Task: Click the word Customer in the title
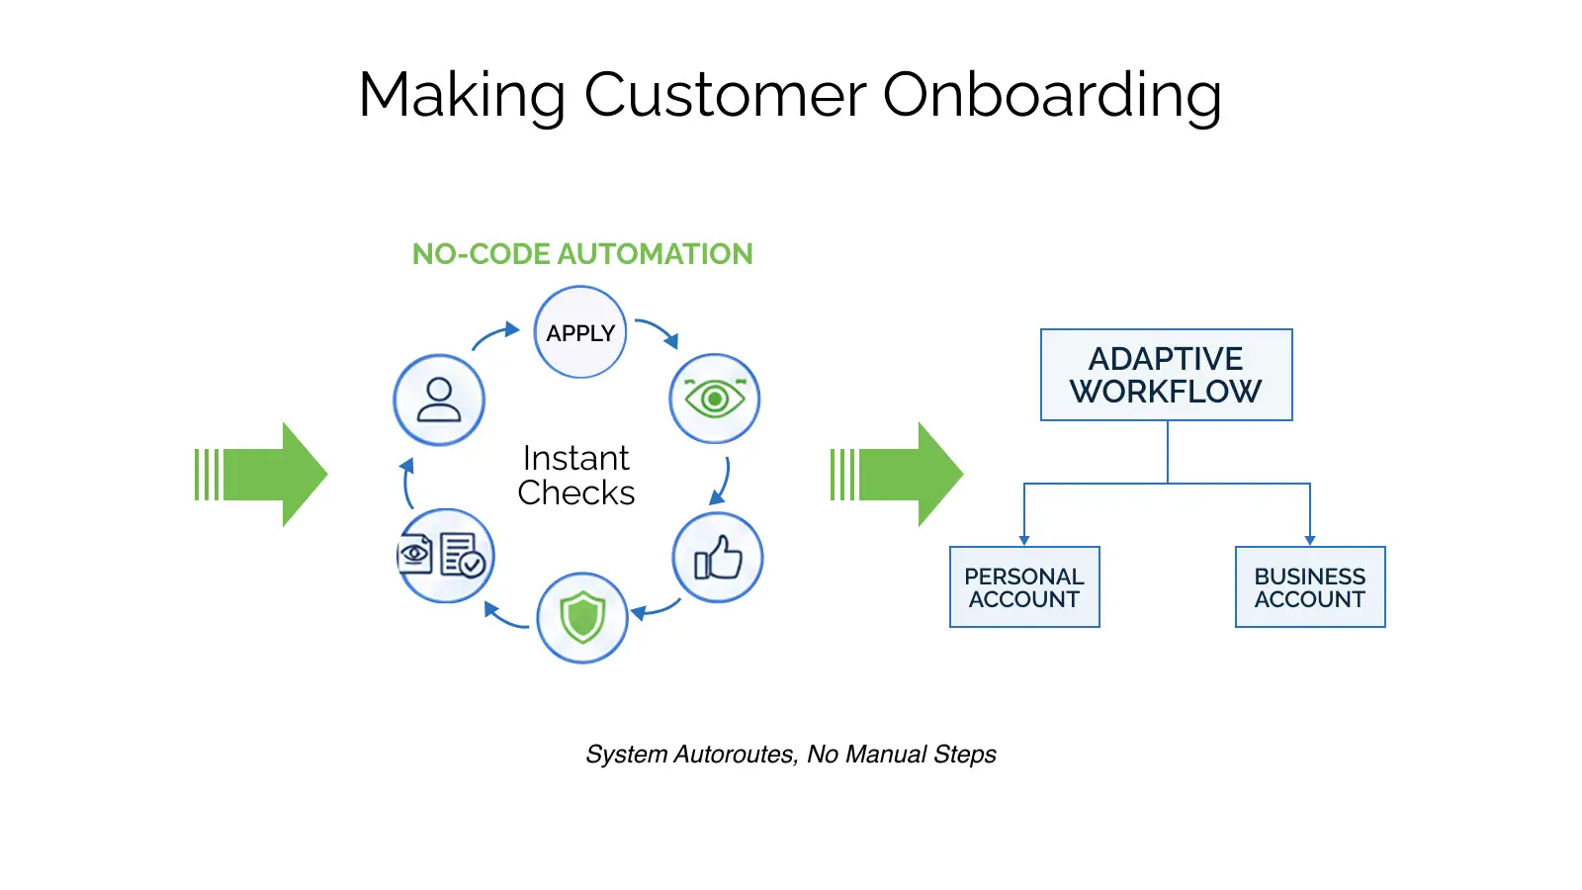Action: point(725,96)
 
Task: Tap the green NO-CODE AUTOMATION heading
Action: point(582,254)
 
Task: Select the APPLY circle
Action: point(580,332)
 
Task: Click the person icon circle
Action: point(439,400)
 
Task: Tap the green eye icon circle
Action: point(714,399)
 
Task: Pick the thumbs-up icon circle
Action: point(718,558)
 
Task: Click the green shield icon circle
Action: point(582,617)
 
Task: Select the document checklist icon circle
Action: point(446,556)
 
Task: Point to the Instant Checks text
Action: point(576,476)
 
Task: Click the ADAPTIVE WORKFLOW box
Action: point(1166,375)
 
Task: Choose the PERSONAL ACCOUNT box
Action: point(1024,587)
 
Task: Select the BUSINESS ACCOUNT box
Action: point(1309,587)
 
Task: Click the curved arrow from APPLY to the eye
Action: point(659,331)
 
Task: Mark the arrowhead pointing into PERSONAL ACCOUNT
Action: point(1024,540)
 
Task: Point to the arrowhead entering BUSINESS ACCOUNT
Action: point(1310,540)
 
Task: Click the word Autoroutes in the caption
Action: point(735,755)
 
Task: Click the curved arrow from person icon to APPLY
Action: point(495,336)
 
